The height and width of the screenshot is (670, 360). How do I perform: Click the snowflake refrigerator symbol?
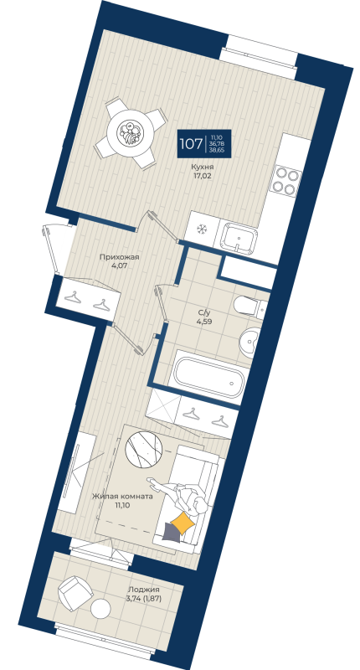(x=201, y=229)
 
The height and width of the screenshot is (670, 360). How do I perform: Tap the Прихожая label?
(x=118, y=258)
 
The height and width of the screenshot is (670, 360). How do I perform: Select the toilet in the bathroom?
(x=249, y=307)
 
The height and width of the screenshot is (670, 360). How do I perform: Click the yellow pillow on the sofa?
(x=183, y=523)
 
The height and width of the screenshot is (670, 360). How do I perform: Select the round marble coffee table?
(x=147, y=448)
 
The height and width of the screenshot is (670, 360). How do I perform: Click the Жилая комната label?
(x=122, y=495)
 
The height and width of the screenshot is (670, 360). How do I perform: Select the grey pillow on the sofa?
(x=172, y=533)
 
